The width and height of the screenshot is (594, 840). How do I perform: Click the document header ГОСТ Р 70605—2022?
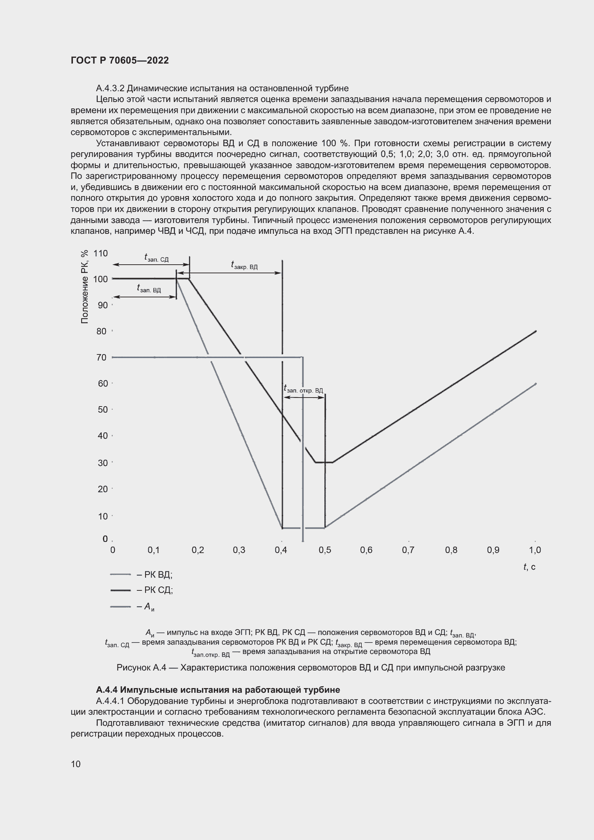pos(120,60)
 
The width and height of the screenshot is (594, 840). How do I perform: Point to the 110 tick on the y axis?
pos(101,253)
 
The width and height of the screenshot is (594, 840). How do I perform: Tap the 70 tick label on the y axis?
pos(102,357)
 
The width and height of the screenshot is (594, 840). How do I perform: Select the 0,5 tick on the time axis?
pos(324,550)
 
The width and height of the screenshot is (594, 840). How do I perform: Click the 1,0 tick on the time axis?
pos(535,550)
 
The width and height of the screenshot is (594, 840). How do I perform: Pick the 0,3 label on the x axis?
pos(239,550)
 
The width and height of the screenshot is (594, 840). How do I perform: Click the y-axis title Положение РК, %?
pos(84,287)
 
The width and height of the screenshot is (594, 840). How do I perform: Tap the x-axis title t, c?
pos(529,567)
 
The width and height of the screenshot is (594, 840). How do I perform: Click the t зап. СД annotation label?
pos(156,258)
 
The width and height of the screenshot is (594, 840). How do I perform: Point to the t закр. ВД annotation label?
pos(244,265)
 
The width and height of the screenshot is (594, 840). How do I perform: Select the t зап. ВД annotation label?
pos(149,289)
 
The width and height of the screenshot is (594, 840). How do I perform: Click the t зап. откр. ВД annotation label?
pos(303,389)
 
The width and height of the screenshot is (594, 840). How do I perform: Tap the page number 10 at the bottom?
pos(76,764)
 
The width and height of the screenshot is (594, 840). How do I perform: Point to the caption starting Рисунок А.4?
pos(311,667)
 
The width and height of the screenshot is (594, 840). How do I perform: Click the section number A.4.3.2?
pos(111,88)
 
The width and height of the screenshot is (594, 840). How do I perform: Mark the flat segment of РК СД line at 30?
pos(324,463)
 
